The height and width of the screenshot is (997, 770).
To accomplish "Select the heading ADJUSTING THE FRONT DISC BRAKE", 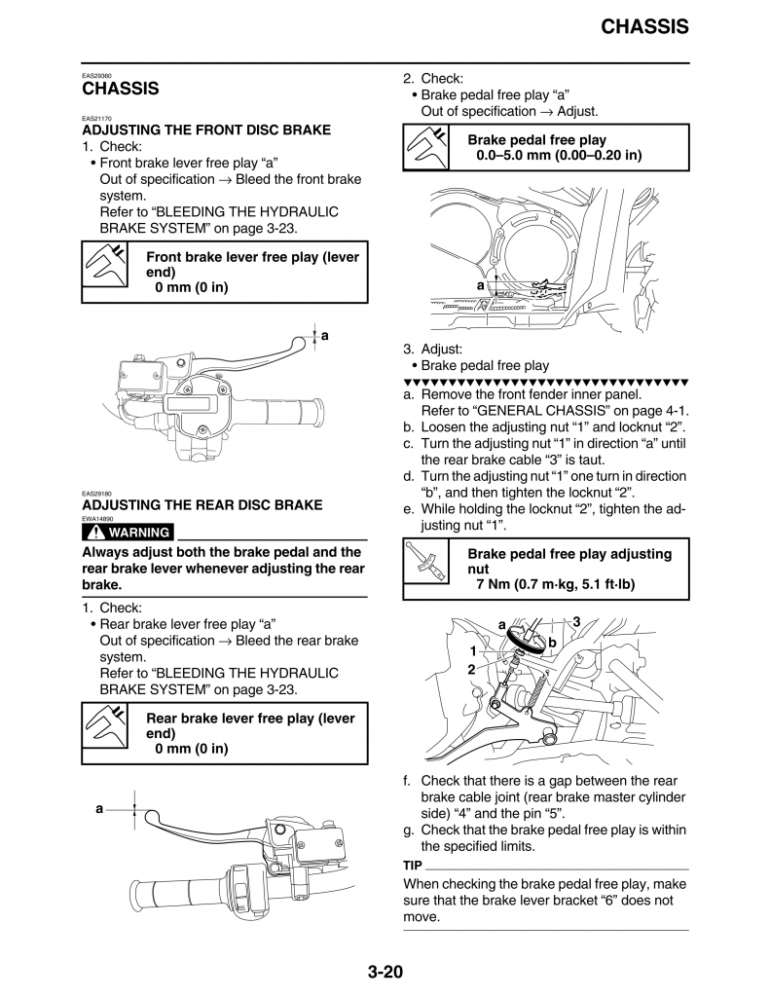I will [205, 129].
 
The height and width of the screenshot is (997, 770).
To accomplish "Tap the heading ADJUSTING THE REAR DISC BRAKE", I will [202, 505].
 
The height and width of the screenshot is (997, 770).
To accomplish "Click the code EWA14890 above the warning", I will [97, 519].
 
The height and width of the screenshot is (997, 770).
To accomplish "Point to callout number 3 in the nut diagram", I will [576, 621].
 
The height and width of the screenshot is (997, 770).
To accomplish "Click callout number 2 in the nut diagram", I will [471, 670].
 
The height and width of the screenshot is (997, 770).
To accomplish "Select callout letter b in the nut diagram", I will [552, 643].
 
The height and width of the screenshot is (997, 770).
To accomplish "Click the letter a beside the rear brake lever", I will [99, 809].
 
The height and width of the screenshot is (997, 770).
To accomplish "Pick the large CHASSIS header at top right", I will [643, 27].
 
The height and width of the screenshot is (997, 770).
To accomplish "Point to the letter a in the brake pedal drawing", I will [480, 285].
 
